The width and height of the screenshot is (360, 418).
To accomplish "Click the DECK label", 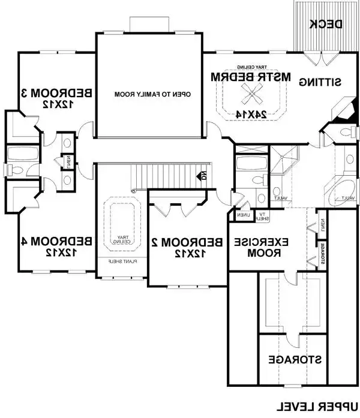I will (x=326, y=24).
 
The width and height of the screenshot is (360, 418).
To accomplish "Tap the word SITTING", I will (x=321, y=80).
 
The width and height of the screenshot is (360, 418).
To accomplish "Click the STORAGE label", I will (x=295, y=360).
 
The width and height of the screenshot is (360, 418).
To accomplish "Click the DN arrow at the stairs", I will (x=202, y=176).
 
